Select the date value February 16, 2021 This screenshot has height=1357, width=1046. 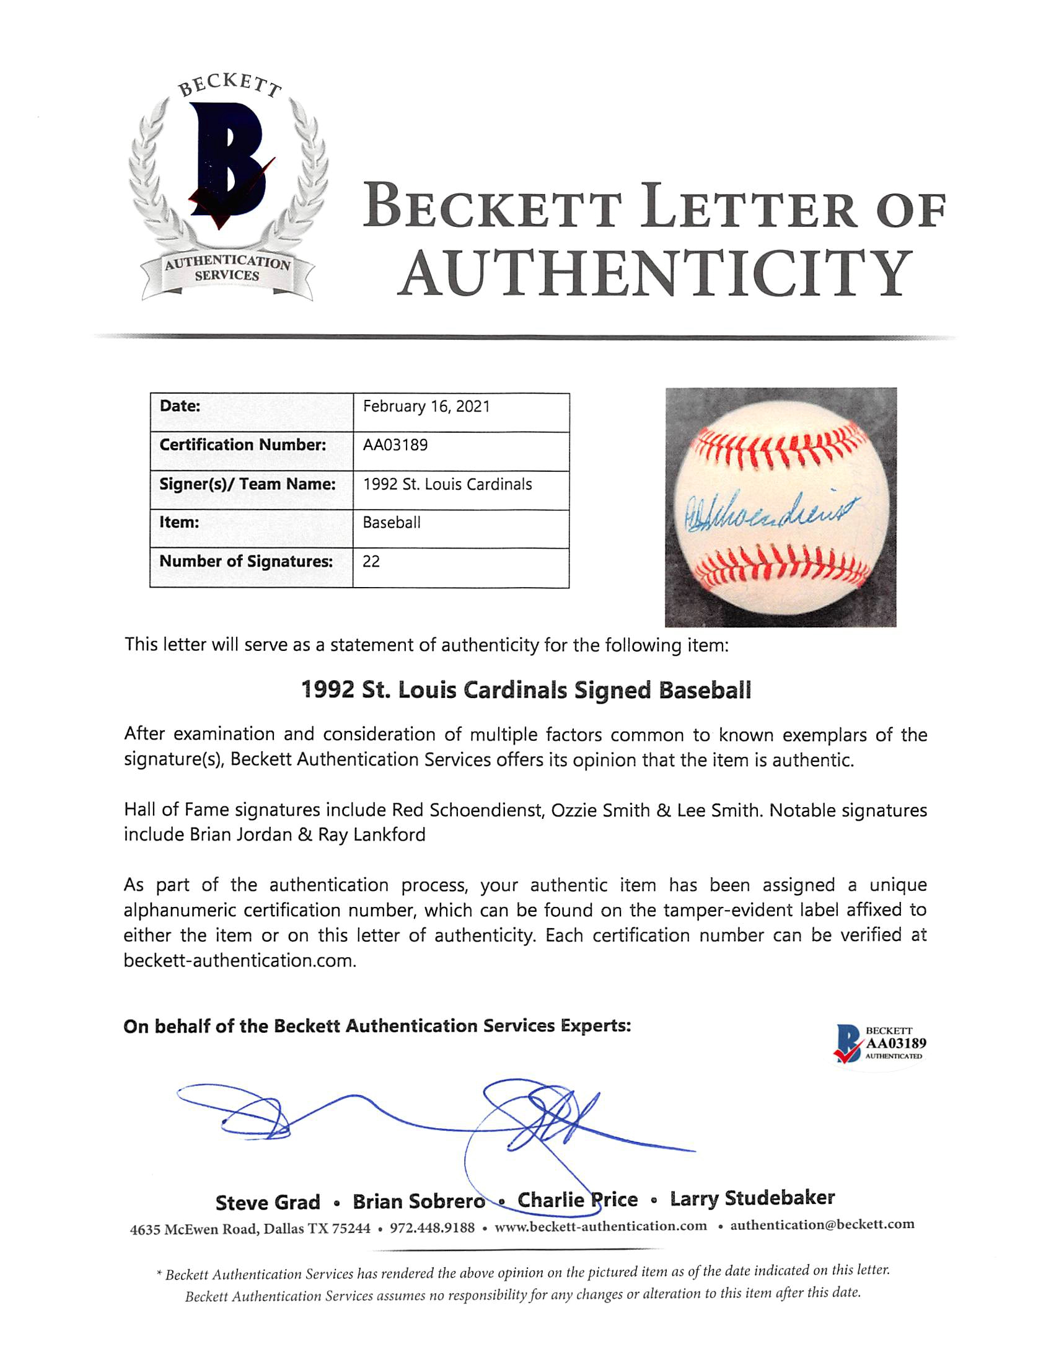(427, 406)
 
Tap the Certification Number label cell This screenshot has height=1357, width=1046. (242, 445)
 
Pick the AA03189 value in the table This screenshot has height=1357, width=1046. (395, 445)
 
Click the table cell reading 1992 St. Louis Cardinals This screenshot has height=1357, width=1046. (447, 484)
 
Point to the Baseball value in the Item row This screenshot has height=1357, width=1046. (391, 523)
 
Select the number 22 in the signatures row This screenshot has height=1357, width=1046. (371, 561)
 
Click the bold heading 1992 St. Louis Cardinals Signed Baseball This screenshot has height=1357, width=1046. (525, 690)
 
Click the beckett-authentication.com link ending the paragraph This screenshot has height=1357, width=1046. (239, 961)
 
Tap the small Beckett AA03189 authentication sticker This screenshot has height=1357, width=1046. (879, 1044)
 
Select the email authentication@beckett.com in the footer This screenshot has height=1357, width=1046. (822, 1225)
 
